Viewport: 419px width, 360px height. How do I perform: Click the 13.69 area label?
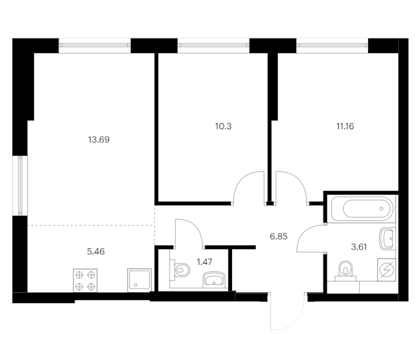pos(99,140)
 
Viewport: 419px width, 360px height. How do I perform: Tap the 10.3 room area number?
pos(224,126)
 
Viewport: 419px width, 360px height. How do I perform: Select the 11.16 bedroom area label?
pos(345,126)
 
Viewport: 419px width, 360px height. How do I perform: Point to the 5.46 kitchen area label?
pos(96,252)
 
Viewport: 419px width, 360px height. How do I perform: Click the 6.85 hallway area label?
pos(279,237)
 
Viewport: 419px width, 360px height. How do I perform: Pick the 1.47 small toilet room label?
pos(205,262)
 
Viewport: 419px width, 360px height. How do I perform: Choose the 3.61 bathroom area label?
pos(359,247)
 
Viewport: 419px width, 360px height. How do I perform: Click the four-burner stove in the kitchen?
pos(85,280)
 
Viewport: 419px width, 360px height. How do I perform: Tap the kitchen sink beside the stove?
pos(139,280)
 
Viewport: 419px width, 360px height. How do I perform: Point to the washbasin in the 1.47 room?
pos(214,280)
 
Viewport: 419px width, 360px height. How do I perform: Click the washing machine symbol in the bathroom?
pos(387,269)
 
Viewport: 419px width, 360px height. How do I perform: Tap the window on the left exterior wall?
pos(20,186)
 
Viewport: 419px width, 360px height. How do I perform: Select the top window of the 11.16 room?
pos(332,46)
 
